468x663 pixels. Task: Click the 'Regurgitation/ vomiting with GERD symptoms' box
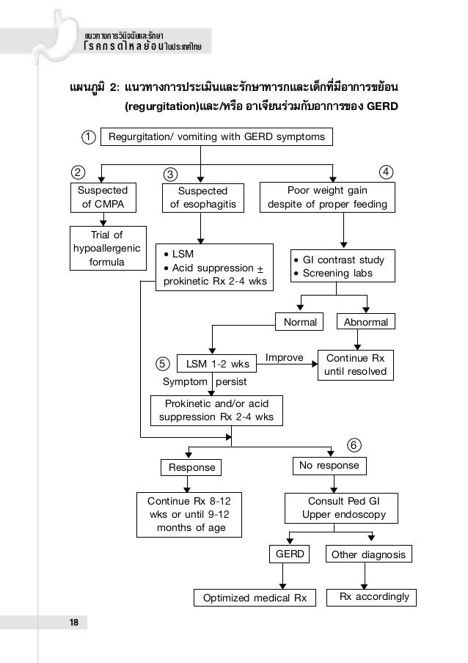216,136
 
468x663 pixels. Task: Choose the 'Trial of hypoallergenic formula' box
106,248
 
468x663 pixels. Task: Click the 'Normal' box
299,322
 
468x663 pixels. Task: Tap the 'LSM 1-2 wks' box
217,364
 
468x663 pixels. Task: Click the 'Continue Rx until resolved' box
355,365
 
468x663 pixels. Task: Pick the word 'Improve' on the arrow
284,358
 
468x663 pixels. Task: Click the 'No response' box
329,466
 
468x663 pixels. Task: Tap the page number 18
73,623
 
